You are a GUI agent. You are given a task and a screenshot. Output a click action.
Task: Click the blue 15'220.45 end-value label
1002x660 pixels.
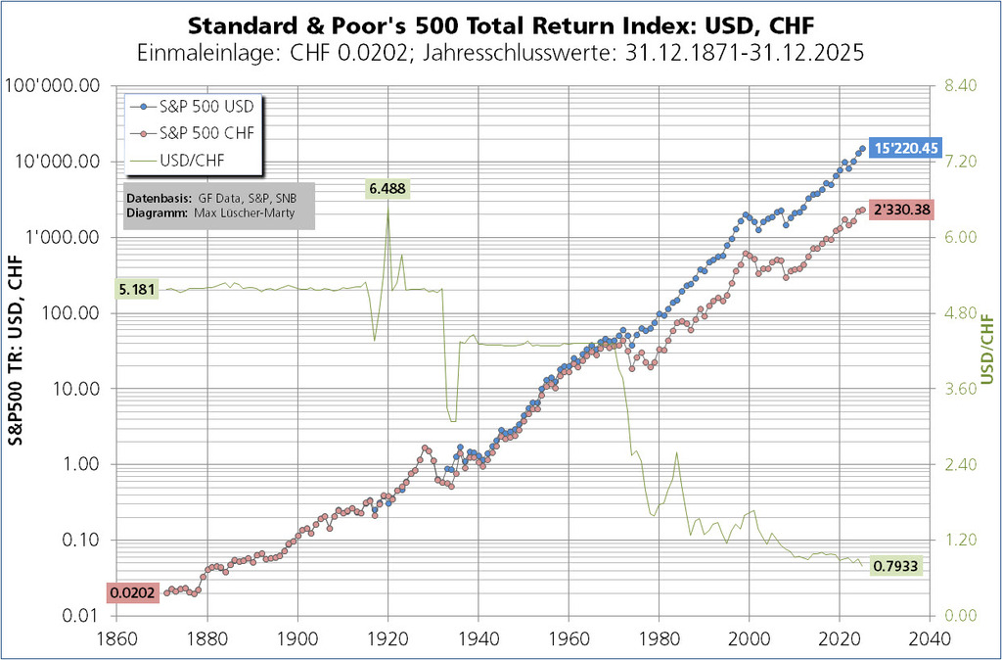click(x=906, y=148)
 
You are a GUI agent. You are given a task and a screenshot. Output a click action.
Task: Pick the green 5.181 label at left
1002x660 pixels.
click(x=135, y=290)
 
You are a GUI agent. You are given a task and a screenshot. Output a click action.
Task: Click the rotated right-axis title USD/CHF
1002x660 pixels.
click(x=986, y=351)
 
